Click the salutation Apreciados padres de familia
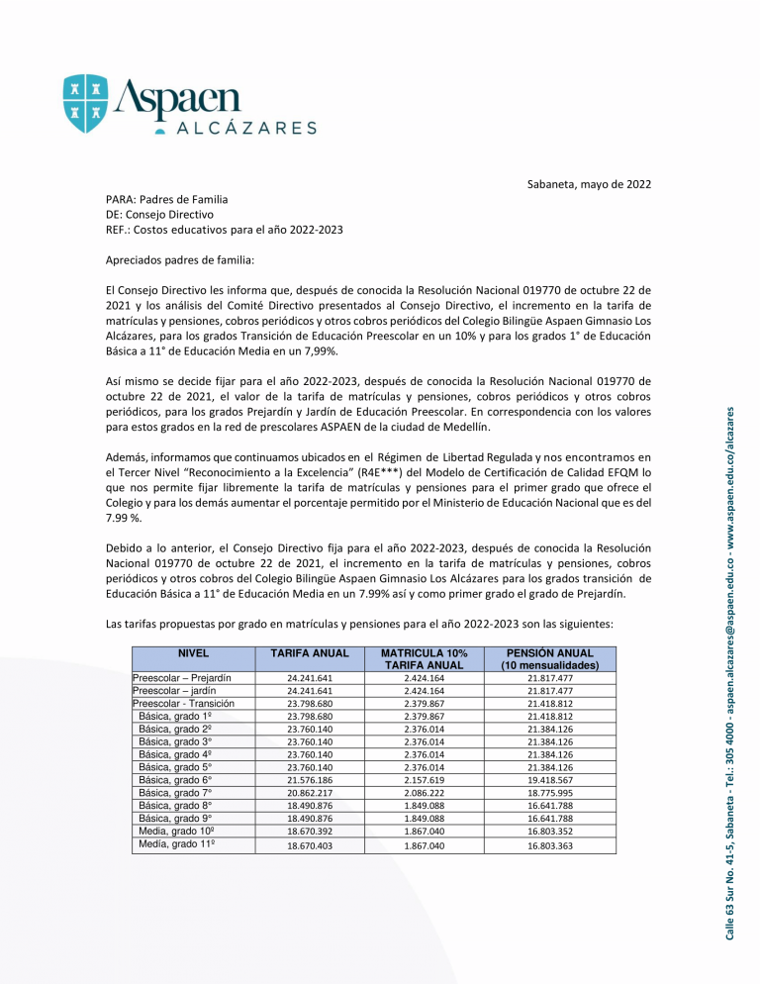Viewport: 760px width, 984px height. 179,260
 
